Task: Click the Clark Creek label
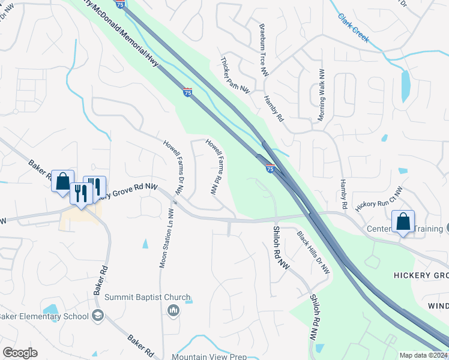click(x=353, y=28)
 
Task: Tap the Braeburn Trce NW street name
click(x=263, y=50)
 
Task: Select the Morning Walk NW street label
click(x=322, y=93)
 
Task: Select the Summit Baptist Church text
click(x=147, y=298)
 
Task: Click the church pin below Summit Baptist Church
click(x=173, y=310)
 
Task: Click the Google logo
click(x=20, y=353)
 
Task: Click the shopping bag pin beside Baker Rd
click(x=62, y=181)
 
